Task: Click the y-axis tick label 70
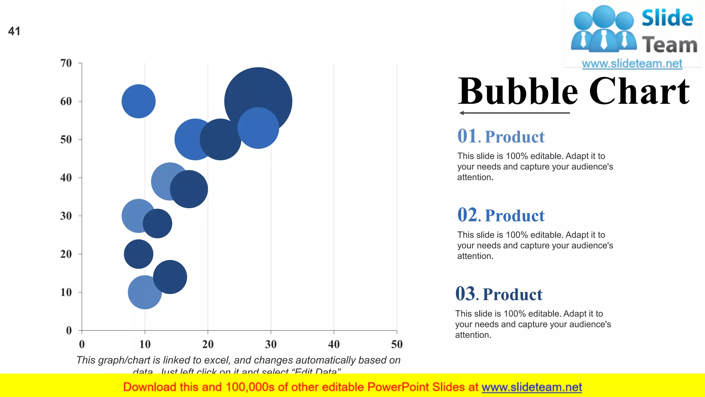tap(66, 63)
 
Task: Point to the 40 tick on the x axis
tap(334, 344)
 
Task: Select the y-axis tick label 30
tap(66, 216)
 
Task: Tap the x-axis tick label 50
tap(397, 344)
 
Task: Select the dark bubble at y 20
tap(138, 254)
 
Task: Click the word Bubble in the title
tap(518, 91)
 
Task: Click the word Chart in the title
tap(639, 91)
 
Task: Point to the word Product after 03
tap(512, 294)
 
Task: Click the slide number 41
tap(14, 31)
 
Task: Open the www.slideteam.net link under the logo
tap(632, 63)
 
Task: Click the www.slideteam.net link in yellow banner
tap(532, 387)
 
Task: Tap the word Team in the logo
tap(669, 45)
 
